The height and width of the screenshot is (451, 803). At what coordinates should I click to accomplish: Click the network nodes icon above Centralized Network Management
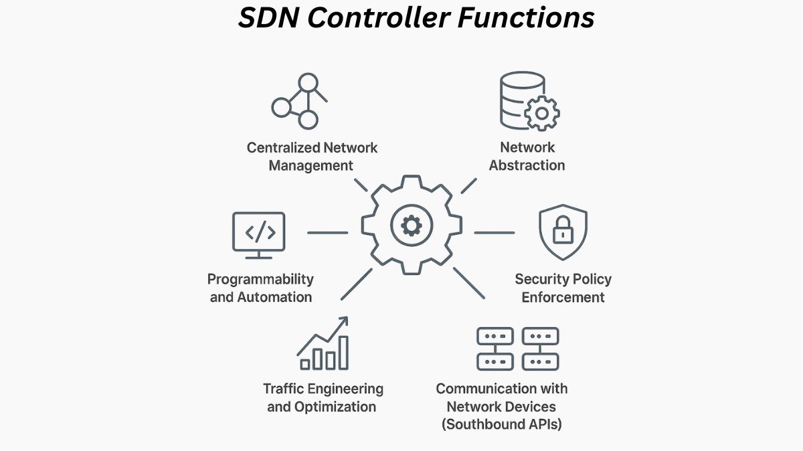tap(298, 101)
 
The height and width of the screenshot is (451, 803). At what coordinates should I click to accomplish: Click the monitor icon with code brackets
tap(259, 235)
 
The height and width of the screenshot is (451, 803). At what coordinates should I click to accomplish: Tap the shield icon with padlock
tap(563, 233)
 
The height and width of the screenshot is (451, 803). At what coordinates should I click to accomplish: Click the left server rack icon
tap(495, 349)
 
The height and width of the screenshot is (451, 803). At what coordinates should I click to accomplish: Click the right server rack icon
tap(540, 349)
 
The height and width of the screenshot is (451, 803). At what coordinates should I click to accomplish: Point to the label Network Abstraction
tap(527, 156)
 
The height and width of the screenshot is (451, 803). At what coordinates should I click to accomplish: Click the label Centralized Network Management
tap(312, 156)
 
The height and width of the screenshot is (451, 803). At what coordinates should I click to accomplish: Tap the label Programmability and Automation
tap(260, 288)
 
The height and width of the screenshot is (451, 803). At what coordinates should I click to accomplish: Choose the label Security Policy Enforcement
tap(563, 288)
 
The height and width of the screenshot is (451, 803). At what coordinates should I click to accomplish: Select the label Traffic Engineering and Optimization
tap(323, 397)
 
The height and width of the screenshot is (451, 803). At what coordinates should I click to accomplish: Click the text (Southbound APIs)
tap(501, 424)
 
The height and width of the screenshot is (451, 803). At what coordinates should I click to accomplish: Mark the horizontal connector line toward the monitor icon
tap(327, 233)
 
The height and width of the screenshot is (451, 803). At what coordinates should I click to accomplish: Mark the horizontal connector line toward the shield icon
tap(495, 233)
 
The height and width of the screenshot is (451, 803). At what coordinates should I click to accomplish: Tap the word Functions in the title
tap(525, 18)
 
